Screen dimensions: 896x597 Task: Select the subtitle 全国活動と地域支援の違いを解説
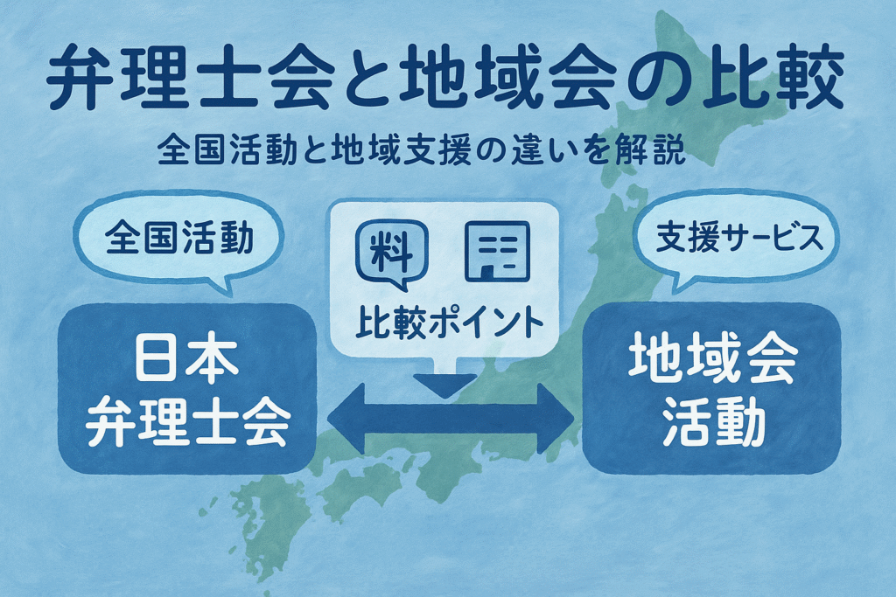pyautogui.click(x=422, y=150)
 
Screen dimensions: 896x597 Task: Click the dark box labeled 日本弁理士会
pyautogui.click(x=187, y=389)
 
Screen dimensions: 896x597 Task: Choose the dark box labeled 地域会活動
pyautogui.click(x=711, y=389)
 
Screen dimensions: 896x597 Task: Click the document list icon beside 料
pyautogui.click(x=498, y=252)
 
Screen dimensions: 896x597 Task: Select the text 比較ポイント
pyautogui.click(x=450, y=323)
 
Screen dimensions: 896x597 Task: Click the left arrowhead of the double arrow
pyautogui.click(x=346, y=420)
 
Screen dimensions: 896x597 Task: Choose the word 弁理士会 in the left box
pyautogui.click(x=187, y=422)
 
